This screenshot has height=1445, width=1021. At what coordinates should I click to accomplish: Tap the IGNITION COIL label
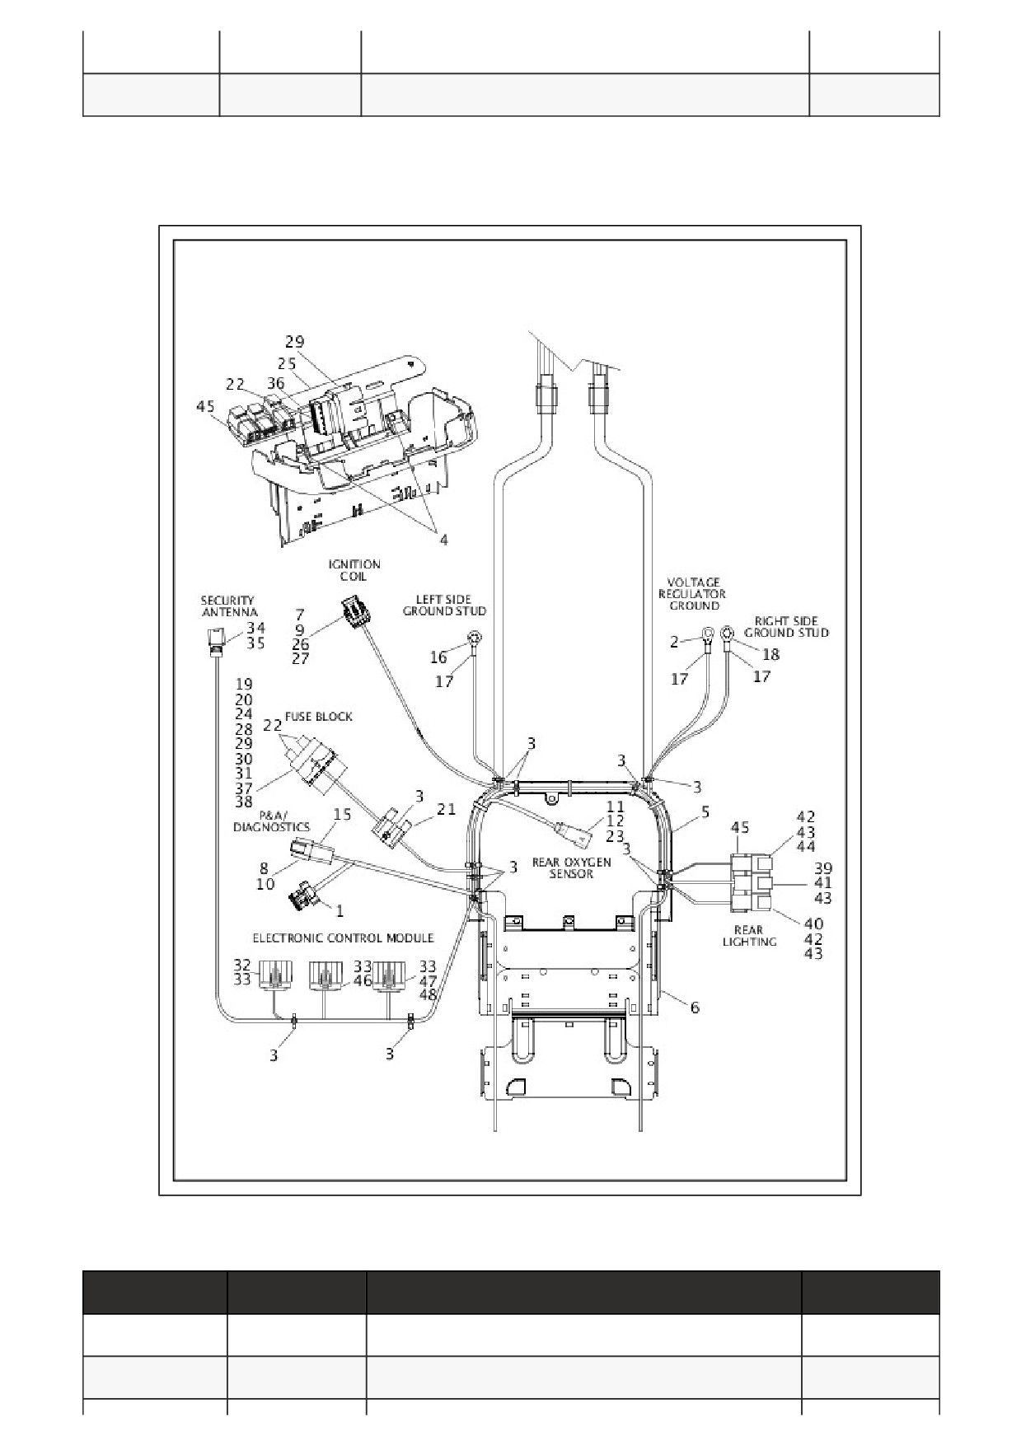tap(354, 570)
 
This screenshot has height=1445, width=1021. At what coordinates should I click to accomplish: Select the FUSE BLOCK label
tap(318, 717)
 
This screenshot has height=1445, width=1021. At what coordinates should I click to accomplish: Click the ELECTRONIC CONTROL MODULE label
tap(343, 938)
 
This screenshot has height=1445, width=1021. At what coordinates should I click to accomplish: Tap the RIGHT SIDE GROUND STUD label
tap(786, 626)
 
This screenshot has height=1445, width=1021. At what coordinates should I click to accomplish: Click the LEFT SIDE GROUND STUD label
tap(444, 605)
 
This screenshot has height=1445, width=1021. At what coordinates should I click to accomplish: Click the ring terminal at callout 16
tap(475, 637)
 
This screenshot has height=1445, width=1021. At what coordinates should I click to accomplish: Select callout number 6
tap(695, 1007)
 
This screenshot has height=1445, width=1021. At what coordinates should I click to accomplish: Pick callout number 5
tap(705, 812)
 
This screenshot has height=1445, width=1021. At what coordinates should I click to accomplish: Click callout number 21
tap(446, 810)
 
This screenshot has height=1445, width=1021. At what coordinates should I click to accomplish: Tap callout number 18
tap(770, 653)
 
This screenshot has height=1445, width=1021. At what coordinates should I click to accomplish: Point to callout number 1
tap(339, 910)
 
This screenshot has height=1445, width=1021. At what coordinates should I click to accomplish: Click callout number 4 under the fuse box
tap(443, 540)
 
